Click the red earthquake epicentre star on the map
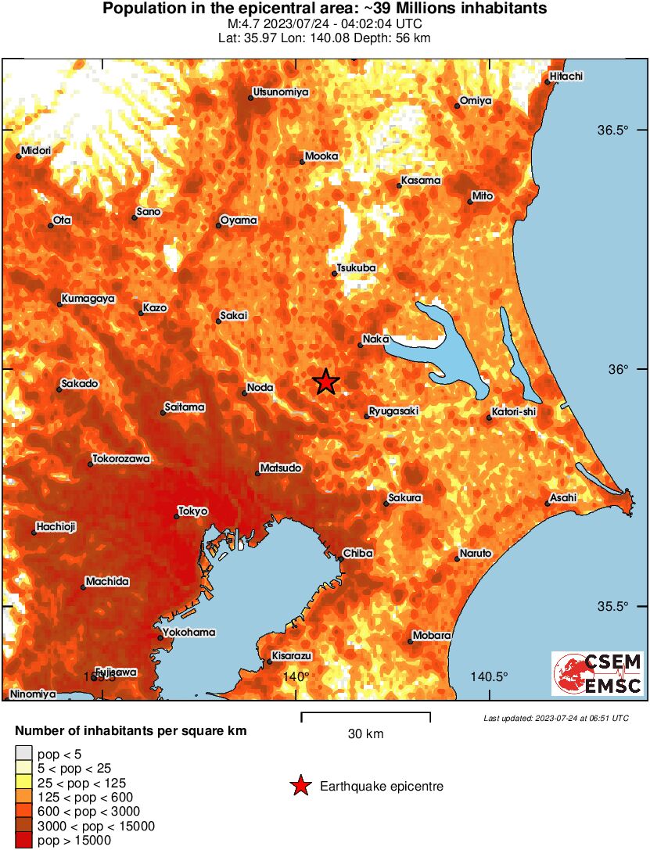point(326,382)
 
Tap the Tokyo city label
point(193,511)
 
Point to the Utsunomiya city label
point(279,92)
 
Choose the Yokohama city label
point(189,633)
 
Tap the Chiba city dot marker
point(342,558)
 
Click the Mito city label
point(483,196)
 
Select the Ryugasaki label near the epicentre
point(394,411)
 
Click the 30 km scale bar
point(365,715)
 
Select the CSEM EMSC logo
point(598,674)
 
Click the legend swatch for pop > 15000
point(23,841)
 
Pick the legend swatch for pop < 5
point(23,755)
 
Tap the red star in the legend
point(300,786)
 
